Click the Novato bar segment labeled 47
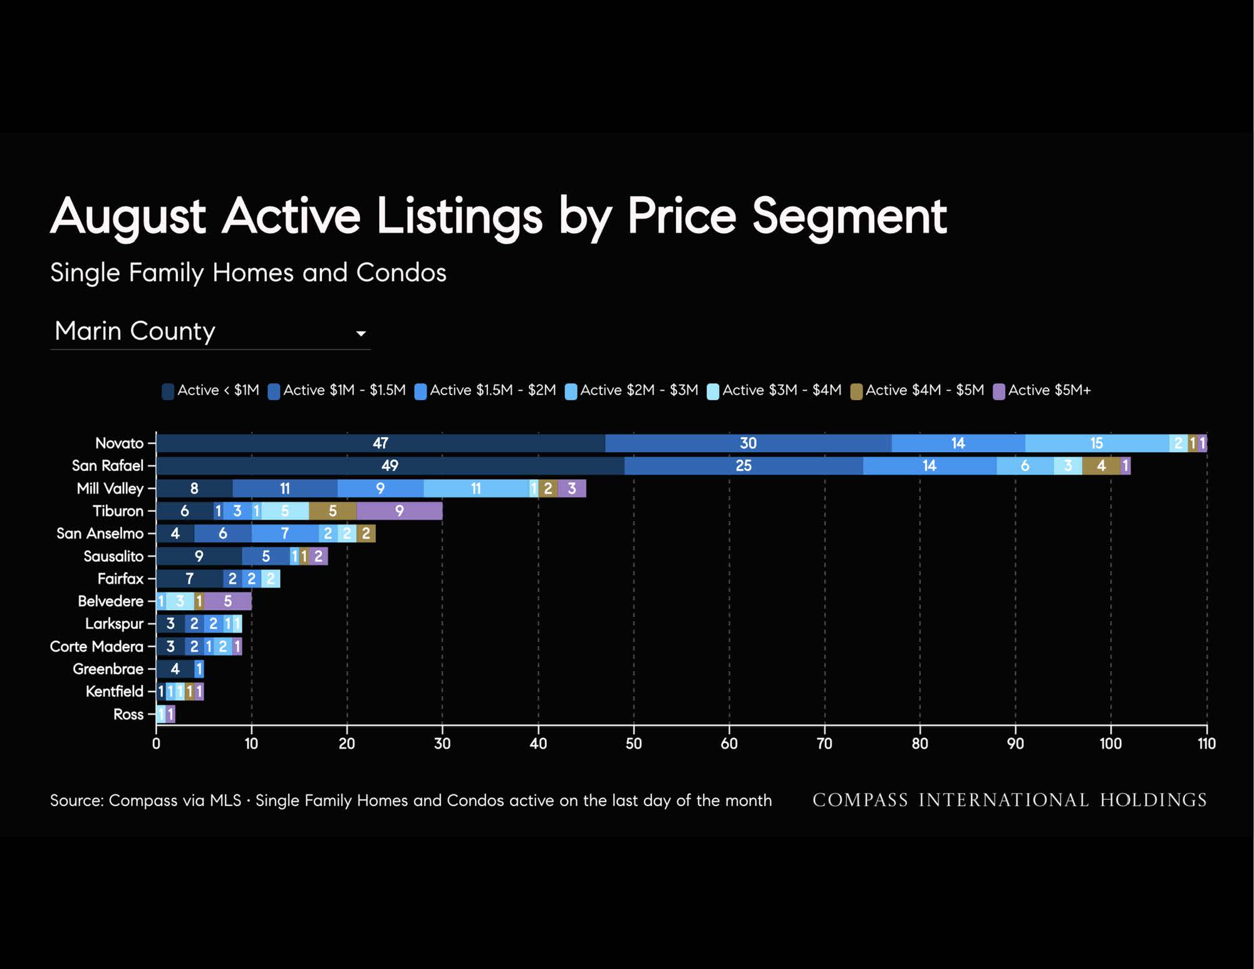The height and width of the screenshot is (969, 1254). (x=381, y=443)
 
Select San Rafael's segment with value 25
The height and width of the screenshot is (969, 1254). (x=744, y=466)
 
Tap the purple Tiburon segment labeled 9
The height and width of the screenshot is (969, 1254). (x=400, y=511)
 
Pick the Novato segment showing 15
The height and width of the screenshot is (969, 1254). (x=1097, y=443)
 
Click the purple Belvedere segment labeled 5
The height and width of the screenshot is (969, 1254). (x=228, y=601)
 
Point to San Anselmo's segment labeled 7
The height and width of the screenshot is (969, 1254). (x=285, y=534)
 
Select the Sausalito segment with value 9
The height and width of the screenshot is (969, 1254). (x=199, y=556)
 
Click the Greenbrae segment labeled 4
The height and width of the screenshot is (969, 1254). (x=175, y=669)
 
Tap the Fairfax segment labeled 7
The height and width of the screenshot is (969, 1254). (x=190, y=579)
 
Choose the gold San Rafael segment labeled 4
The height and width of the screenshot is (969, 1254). (x=1101, y=466)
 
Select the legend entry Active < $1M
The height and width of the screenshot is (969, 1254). (x=210, y=391)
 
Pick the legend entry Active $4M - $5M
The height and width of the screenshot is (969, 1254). (x=917, y=391)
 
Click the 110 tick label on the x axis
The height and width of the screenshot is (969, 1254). (x=1206, y=744)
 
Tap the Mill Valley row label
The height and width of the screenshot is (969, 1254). (x=110, y=489)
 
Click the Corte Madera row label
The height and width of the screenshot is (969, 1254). (x=96, y=646)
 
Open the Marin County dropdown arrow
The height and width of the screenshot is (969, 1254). (x=361, y=334)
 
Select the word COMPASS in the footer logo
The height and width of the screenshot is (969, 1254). (x=860, y=801)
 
